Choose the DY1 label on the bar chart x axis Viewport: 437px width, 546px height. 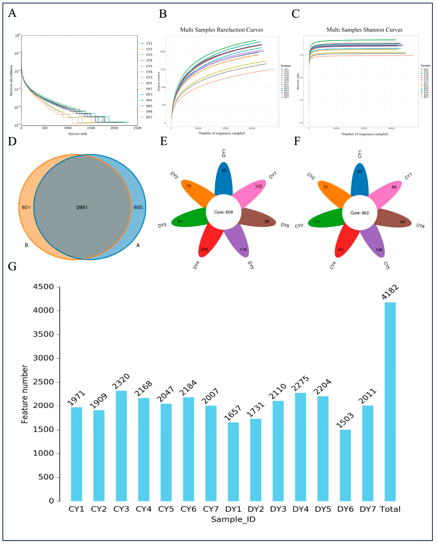pyautogui.click(x=233, y=509)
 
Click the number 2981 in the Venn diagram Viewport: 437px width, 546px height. pyautogui.click(x=82, y=207)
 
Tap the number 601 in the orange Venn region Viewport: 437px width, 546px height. pyautogui.click(x=26, y=207)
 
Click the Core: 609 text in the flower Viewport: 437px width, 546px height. pyautogui.click(x=224, y=212)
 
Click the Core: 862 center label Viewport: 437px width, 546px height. pyautogui.click(x=360, y=213)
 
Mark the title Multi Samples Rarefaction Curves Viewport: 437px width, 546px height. pyautogui.click(x=221, y=30)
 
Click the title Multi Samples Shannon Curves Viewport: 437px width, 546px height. pyautogui.click(x=364, y=30)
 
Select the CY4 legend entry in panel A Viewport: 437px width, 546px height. pyautogui.click(x=149, y=60)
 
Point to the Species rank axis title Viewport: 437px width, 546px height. pyautogui.click(x=78, y=134)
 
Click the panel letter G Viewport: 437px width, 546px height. pyautogui.click(x=12, y=266)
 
